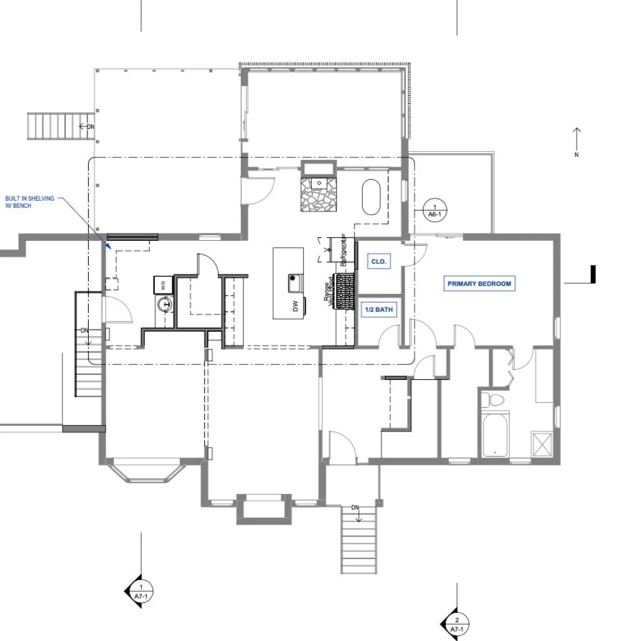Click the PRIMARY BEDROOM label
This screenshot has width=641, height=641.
(x=479, y=284)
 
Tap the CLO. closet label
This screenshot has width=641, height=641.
(x=379, y=262)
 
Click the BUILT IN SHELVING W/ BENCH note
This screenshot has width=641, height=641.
(x=29, y=201)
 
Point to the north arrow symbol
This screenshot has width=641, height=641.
(x=577, y=141)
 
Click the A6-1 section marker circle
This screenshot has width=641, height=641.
(x=433, y=209)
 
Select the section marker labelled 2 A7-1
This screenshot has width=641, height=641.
(x=457, y=624)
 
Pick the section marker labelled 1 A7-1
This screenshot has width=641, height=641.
(x=141, y=591)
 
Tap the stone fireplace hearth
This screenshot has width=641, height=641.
(x=318, y=194)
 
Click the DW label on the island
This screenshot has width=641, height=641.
(x=295, y=306)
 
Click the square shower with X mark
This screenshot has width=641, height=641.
(x=541, y=443)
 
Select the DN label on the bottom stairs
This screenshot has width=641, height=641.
(x=355, y=508)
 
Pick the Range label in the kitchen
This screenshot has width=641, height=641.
(x=327, y=291)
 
